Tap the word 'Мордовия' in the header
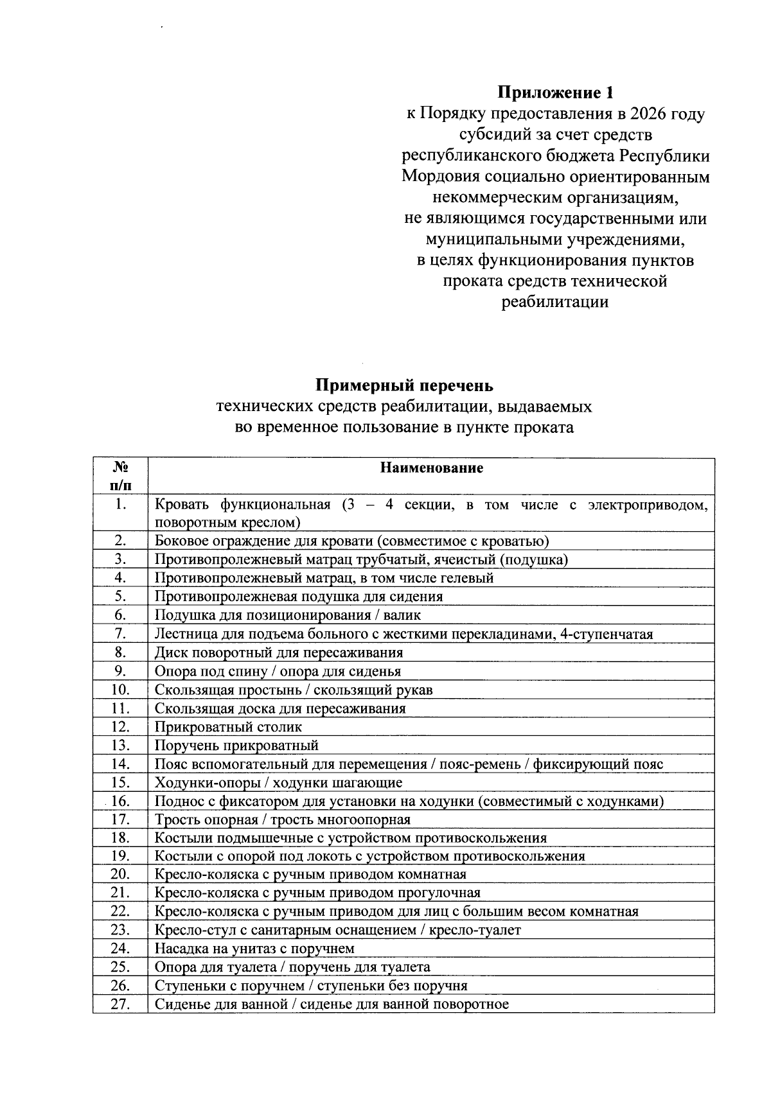click(x=441, y=177)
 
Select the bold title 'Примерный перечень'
click(x=404, y=385)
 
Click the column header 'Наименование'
click(x=431, y=468)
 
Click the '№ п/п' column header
click(x=120, y=475)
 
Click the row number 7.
click(x=120, y=634)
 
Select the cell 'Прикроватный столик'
click(x=228, y=727)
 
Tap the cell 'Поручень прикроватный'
click(x=236, y=746)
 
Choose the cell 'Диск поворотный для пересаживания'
click(x=279, y=653)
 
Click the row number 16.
click(x=120, y=801)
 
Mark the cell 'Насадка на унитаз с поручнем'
click(x=254, y=949)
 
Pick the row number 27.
click(x=120, y=1004)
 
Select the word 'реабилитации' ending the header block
click(x=554, y=302)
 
